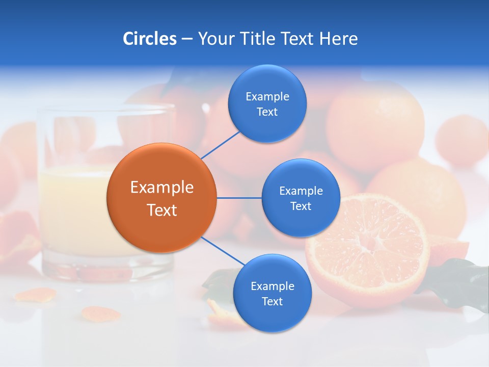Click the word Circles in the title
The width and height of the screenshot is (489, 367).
150,38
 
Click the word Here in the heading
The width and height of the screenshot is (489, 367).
338,38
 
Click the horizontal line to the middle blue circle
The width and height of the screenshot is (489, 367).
239,198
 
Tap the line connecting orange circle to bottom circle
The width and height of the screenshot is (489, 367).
223,251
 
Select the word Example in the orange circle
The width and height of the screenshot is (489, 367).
162,187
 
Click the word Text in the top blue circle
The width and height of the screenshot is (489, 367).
267,112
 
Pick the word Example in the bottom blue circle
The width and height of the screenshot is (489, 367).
272,286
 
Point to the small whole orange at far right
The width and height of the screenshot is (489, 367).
461,140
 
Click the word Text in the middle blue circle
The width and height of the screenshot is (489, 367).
301,206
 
